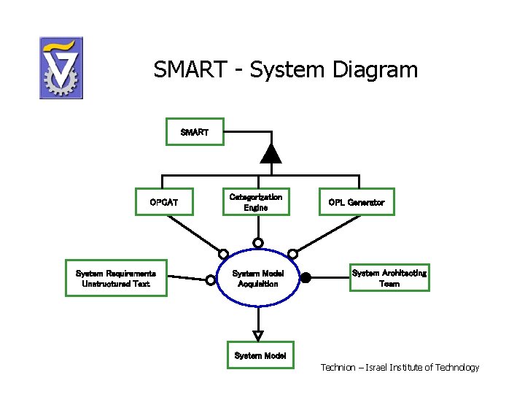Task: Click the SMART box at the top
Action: pos(194,132)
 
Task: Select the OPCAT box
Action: pos(164,202)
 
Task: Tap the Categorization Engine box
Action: pos(256,202)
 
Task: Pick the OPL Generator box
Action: pos(357,202)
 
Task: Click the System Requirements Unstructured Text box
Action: pos(116,278)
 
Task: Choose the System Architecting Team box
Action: pos(389,278)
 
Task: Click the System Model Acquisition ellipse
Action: pos(258,278)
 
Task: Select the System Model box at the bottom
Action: pos(260,355)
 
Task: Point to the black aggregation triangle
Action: pos(271,153)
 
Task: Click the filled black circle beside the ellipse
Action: pos(306,277)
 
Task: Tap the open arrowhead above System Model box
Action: pos(258,336)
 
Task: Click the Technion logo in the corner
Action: pos(61,68)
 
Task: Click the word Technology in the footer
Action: pos(457,367)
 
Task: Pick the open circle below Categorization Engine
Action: pos(258,242)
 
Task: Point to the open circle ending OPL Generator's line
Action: pos(292,254)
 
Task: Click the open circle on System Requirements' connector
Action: pos(211,279)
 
